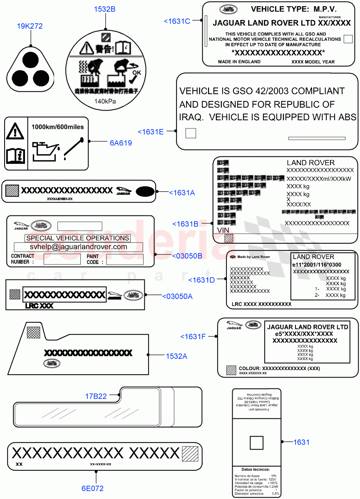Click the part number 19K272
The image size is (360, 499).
30,26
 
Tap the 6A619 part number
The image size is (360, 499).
121,143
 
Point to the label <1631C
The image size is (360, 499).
177,21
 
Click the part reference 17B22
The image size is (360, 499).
96,396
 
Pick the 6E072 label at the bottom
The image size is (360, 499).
92,488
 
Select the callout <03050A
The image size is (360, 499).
177,296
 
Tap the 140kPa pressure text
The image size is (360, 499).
105,101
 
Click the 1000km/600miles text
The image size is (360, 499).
57,127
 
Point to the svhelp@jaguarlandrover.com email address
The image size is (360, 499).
78,247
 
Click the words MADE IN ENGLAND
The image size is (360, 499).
239,62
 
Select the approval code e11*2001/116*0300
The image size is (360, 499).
317,264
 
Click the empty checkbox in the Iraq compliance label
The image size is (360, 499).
191,133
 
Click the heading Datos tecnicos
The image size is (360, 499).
256,469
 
